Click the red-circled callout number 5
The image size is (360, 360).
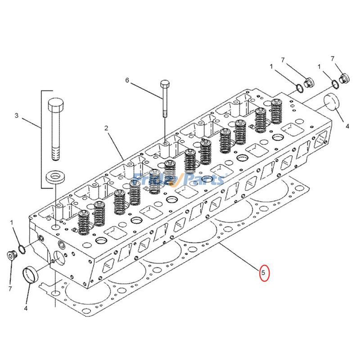[x=264, y=272]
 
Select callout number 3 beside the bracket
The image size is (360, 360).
[x=17, y=116]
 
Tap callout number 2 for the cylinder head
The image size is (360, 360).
[x=106, y=128]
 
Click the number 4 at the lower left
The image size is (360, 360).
[x=26, y=308]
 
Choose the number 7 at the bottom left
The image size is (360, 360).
[x=9, y=288]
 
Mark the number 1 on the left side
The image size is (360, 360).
[x=12, y=223]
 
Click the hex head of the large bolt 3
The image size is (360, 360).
[x=55, y=106]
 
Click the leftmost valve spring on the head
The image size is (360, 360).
[x=83, y=222]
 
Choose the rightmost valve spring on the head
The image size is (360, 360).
[x=276, y=111]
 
